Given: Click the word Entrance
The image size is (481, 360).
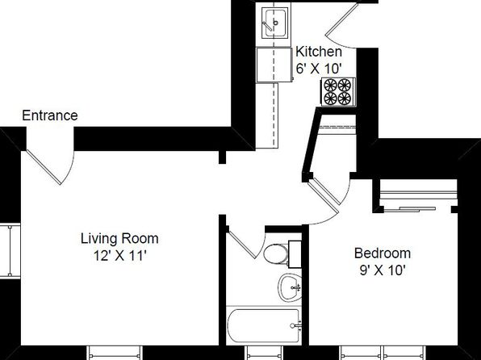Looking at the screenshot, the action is tap(50, 115).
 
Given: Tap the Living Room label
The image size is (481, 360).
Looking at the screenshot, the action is tap(119, 239).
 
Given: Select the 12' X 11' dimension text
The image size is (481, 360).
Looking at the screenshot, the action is tap(119, 256).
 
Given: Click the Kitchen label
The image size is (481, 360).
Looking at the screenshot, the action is tap(319, 52).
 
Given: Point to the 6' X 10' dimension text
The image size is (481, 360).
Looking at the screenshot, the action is tap(319, 69).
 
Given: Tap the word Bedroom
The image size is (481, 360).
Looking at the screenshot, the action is tap(383, 253).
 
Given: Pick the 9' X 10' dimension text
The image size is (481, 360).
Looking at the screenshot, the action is tap(383, 270).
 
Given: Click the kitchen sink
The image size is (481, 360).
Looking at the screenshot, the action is tap(275, 23).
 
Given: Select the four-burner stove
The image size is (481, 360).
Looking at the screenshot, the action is tap(337, 92).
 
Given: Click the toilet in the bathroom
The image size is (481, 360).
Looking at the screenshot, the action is tap(281, 253).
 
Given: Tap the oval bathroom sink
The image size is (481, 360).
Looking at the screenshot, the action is tap(290, 287).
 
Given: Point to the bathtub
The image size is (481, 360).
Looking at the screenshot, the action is tap(264, 325).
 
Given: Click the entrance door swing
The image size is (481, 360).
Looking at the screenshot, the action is tap(51, 166).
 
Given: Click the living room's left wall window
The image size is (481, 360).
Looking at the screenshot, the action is tap(10, 251).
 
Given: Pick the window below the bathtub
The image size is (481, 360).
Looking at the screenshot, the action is tap(264, 353).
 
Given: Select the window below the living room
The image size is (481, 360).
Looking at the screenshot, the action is tap(115, 353).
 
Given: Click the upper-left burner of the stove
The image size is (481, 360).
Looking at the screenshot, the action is tap(330, 85).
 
